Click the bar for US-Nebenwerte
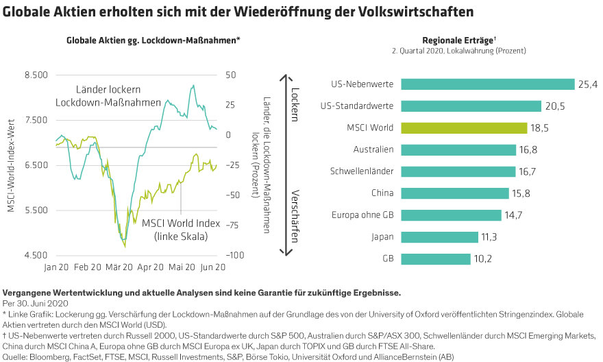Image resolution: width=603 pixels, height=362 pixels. pos(487,84)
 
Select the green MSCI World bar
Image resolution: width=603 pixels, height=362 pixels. pos(464,128)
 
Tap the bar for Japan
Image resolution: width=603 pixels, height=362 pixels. pos(439,237)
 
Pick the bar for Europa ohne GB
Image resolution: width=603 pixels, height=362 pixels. pos(451,215)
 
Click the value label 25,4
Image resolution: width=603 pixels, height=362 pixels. pos(588,84)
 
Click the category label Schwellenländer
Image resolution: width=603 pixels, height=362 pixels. pos(361,171)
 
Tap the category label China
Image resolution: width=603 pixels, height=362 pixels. pos(382,193)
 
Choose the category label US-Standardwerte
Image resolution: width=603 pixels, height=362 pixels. pos(356,106)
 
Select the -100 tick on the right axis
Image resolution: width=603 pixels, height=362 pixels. pos(236,255)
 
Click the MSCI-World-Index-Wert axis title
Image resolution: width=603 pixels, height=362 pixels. pos(12,165)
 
